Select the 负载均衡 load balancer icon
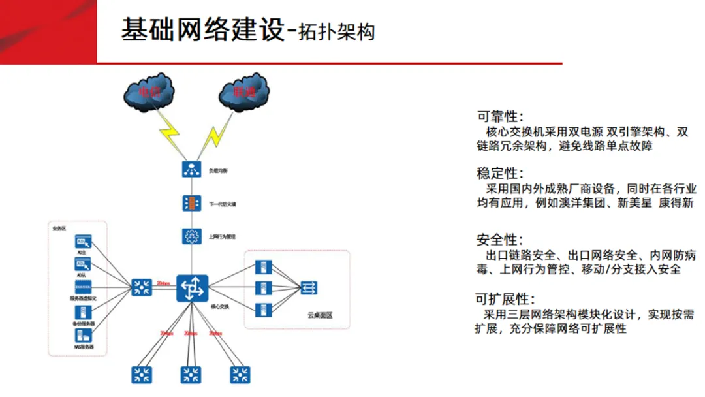point(192,170)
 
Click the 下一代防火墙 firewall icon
point(192,203)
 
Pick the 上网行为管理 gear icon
point(192,236)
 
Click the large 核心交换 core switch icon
point(192,287)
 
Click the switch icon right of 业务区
point(140,287)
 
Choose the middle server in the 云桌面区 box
point(262,288)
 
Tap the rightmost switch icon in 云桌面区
point(309,287)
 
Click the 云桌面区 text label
point(320,315)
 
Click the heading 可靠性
point(500,117)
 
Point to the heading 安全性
point(500,240)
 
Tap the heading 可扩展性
point(505,300)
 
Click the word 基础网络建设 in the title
point(203,30)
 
